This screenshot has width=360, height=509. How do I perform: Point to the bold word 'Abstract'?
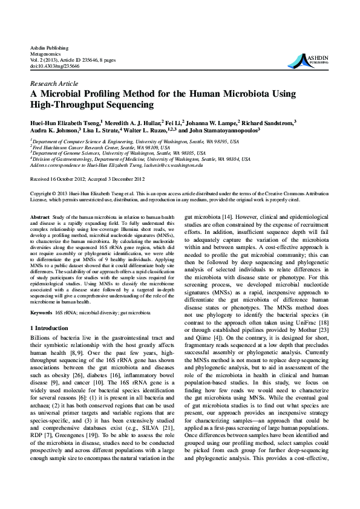tap(40, 216)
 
